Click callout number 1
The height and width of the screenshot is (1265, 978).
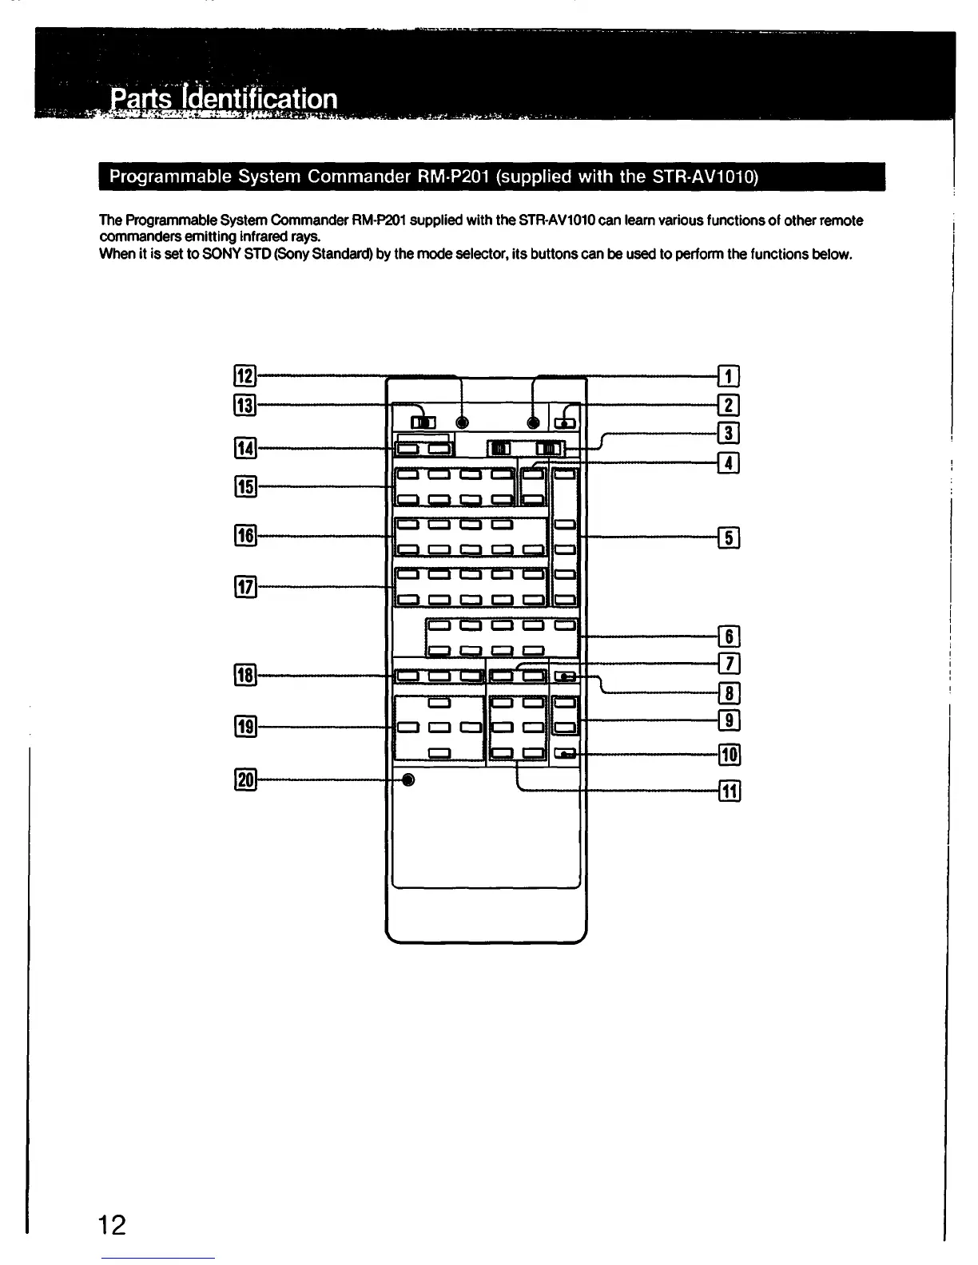click(728, 375)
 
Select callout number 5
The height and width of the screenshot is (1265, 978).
click(728, 537)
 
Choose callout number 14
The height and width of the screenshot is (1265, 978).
click(244, 449)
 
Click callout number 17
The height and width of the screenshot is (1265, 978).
click(245, 588)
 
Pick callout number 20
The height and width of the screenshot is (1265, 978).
click(245, 780)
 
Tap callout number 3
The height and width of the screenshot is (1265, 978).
click(728, 433)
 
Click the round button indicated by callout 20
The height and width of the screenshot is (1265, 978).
click(408, 780)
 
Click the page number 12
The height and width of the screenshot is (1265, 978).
click(112, 1223)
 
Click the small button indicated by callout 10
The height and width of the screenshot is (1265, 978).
click(565, 753)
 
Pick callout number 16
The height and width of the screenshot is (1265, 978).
click(245, 535)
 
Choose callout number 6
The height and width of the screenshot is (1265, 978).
click(729, 636)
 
